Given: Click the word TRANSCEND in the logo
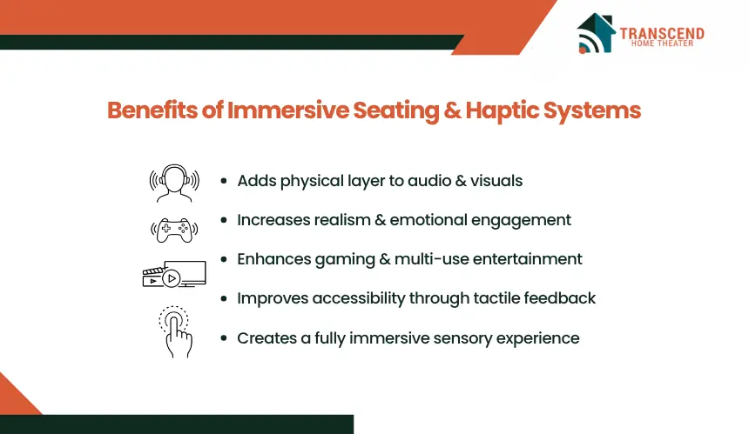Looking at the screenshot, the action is point(662,33).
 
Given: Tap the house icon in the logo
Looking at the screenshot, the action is point(596,33).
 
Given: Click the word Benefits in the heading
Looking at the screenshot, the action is point(152,110).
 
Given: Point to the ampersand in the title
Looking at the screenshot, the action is point(452,110).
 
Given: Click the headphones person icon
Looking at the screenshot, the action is point(174,184).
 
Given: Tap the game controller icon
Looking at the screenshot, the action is point(174,230).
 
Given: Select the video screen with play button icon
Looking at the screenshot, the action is point(174,274).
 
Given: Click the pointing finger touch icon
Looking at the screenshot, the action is point(175,331).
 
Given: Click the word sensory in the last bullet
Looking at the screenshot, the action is point(455,338).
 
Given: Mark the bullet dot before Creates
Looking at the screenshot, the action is point(224,338).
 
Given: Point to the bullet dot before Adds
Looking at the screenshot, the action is point(224,181).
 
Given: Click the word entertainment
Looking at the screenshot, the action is point(528,259).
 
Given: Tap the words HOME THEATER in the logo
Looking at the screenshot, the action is point(662,43).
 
